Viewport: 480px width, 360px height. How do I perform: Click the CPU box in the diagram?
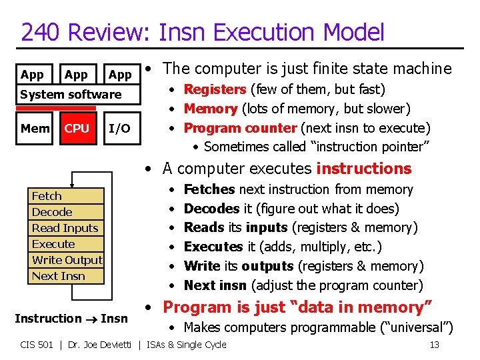click(x=77, y=129)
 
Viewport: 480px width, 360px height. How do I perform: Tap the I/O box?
click(x=119, y=129)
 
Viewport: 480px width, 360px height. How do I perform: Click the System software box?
click(x=71, y=95)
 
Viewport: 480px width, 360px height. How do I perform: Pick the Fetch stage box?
click(x=67, y=196)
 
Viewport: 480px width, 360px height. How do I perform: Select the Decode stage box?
click(x=67, y=212)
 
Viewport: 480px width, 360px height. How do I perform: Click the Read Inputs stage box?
click(x=67, y=228)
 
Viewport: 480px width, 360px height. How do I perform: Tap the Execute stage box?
click(x=67, y=244)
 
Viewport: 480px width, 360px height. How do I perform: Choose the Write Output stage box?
click(x=67, y=260)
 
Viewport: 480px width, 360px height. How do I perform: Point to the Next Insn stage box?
click(x=67, y=276)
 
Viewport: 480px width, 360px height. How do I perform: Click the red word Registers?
click(x=215, y=89)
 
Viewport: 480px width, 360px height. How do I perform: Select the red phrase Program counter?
click(x=240, y=128)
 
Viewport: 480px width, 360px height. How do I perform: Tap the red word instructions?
click(x=364, y=169)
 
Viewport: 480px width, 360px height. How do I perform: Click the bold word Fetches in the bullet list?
click(x=209, y=190)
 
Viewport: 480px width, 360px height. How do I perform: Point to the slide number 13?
click(x=434, y=345)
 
